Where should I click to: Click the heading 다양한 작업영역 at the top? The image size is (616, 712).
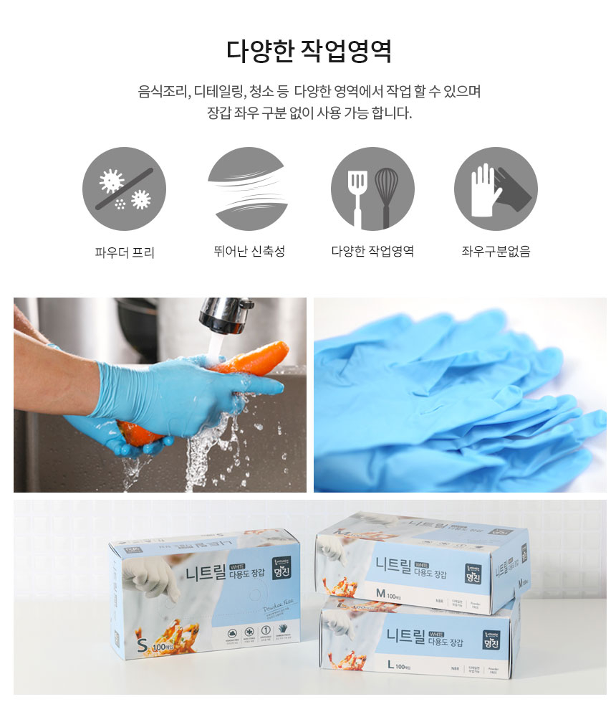pos(308,52)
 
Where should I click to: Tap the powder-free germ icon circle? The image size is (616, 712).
pos(124,189)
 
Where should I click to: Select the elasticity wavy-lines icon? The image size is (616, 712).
pos(249,189)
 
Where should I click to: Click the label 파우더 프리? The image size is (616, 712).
pos(124,252)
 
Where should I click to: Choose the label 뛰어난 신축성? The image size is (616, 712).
pos(249,252)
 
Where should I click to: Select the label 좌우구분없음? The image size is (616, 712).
pos(496,252)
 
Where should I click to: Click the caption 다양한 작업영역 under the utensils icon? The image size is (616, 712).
pos(372,252)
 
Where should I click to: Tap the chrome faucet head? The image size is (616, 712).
pos(224,313)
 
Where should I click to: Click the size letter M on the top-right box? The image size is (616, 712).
pos(380,592)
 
